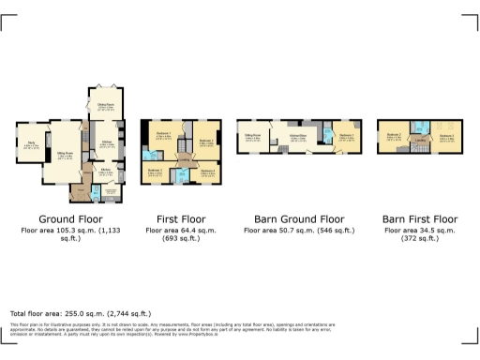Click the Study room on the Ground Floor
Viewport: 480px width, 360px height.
coord(29,144)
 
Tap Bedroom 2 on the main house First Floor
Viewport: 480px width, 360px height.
coord(207,141)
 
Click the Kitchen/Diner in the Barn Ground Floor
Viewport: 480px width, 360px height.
coord(299,138)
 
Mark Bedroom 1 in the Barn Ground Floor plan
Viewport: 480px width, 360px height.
coord(347,138)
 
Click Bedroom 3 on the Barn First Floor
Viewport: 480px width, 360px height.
coord(446,138)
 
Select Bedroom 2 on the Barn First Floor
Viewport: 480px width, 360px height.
coord(395,138)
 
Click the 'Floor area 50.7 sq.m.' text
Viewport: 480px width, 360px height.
coord(298,231)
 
